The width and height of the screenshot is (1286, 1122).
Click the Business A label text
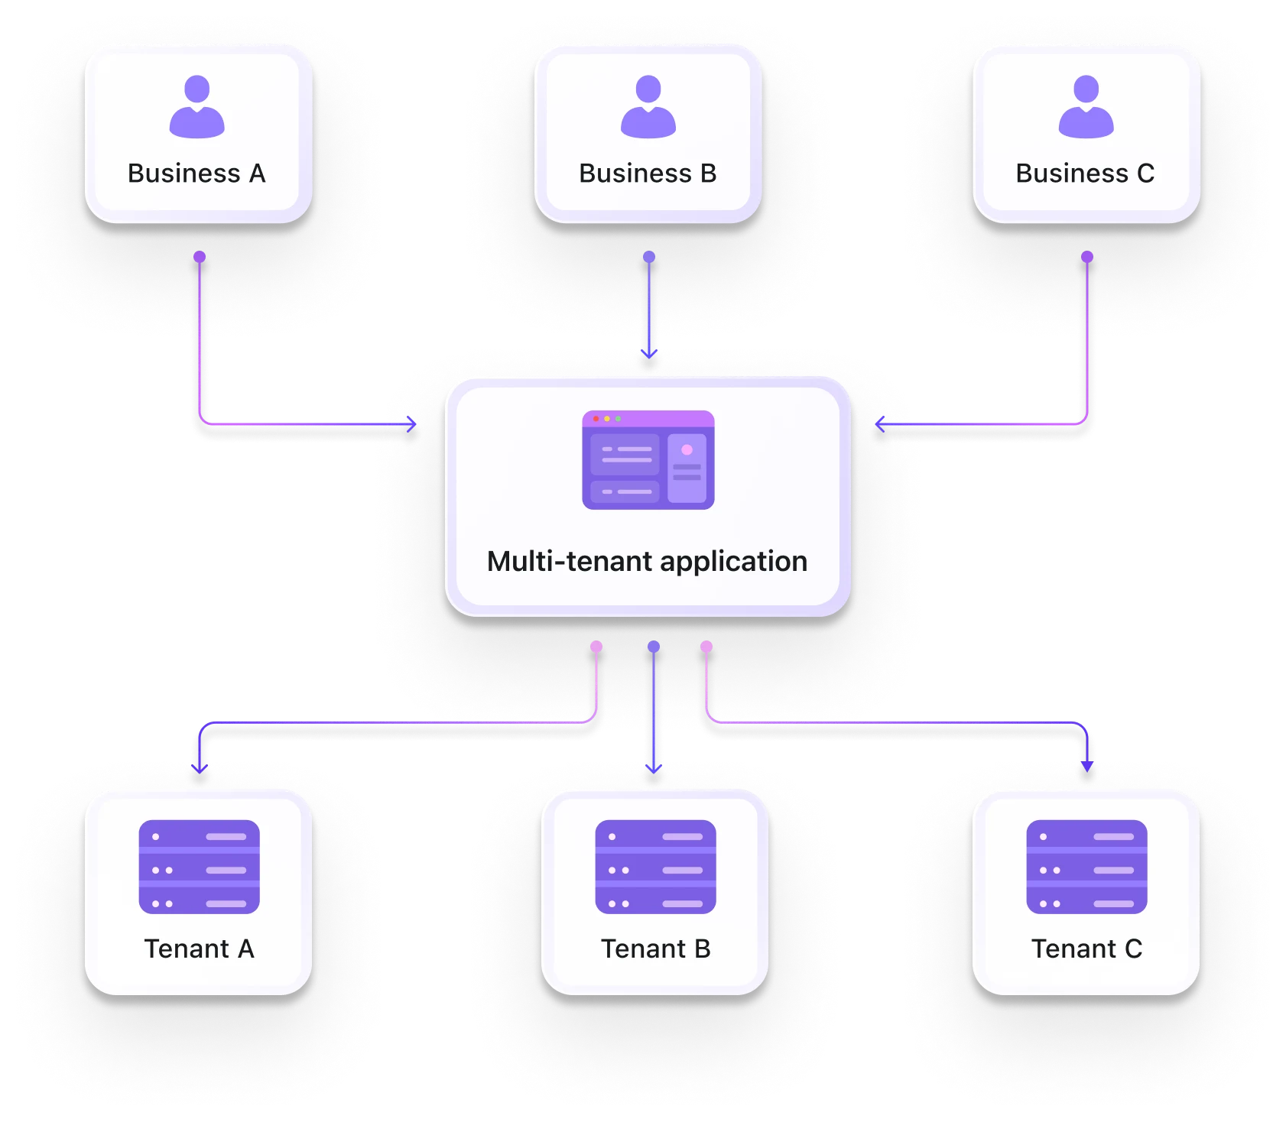tap(196, 173)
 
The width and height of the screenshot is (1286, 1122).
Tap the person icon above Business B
tap(648, 107)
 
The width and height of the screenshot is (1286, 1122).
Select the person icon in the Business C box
tap(1086, 107)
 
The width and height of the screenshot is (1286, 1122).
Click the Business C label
tap(1085, 173)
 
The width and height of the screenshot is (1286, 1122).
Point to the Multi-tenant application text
tap(647, 561)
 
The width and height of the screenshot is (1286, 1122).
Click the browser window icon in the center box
tap(648, 460)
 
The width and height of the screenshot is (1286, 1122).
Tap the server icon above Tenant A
tap(199, 867)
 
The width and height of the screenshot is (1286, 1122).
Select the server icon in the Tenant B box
tap(655, 867)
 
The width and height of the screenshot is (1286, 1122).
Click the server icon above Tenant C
tap(1086, 867)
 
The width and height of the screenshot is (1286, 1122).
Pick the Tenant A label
tap(199, 949)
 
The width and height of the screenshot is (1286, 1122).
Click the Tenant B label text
tap(655, 949)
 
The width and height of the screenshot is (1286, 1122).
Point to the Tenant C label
tap(1086, 949)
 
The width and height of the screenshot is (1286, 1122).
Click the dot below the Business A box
tap(200, 257)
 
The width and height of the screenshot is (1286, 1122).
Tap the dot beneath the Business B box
tap(649, 257)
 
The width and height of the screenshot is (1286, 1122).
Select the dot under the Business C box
tap(1087, 257)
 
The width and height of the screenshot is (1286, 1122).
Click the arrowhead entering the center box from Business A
tap(413, 424)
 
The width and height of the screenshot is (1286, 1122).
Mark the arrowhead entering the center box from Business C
tap(879, 424)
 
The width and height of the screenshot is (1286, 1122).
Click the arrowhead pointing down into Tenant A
tap(200, 767)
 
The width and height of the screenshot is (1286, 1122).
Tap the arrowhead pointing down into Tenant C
tap(1087, 766)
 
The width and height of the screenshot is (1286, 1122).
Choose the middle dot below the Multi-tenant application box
tap(654, 647)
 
